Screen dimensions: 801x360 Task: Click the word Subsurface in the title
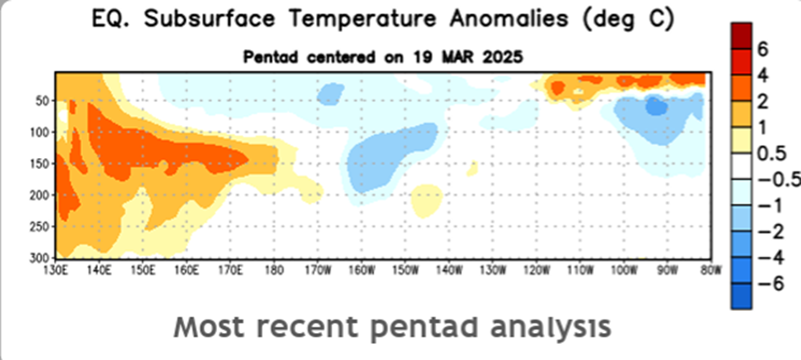214,19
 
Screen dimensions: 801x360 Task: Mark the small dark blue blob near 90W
657,106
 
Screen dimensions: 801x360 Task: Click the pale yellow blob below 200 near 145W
426,200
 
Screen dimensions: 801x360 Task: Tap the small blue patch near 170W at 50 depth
330,94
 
